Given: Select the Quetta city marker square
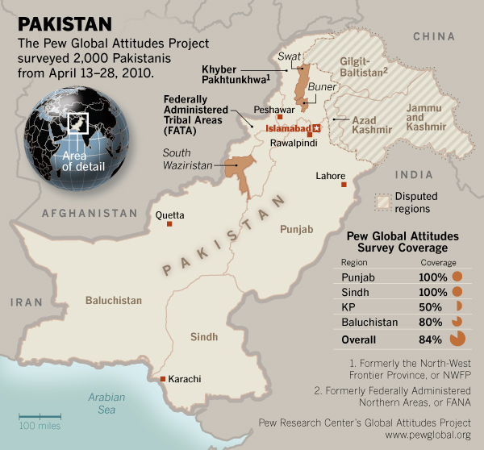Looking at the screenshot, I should (169, 223).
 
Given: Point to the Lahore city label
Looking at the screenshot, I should (331, 176).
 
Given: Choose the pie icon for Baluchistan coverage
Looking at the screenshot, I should (457, 323).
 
